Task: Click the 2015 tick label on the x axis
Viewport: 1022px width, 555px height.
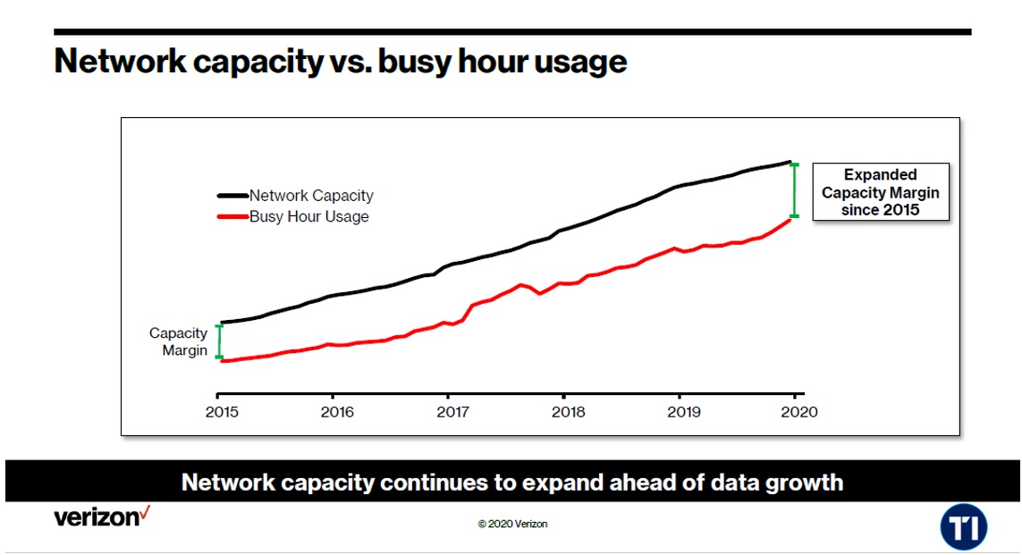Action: [x=221, y=412]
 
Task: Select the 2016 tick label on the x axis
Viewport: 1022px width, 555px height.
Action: [x=337, y=412]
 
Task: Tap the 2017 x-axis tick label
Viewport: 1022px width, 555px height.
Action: [x=452, y=412]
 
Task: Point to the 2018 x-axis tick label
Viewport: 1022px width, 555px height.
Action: [x=569, y=412]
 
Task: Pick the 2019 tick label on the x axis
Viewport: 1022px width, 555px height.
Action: [x=684, y=412]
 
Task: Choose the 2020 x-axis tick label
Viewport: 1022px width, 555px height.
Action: [x=799, y=412]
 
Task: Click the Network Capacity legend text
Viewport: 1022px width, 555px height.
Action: [x=311, y=196]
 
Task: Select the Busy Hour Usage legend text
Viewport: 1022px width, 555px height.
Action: [x=308, y=216]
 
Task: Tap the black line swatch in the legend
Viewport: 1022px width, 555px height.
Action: [x=232, y=196]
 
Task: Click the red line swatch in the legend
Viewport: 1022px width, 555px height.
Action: [x=232, y=216]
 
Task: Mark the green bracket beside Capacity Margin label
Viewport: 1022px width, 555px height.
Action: [x=219, y=341]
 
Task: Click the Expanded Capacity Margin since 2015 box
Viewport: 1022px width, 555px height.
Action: [x=880, y=192]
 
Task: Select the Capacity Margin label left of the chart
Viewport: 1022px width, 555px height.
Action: [x=179, y=341]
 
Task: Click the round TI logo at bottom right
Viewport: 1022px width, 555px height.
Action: [x=963, y=527]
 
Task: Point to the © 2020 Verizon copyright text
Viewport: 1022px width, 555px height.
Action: [x=512, y=525]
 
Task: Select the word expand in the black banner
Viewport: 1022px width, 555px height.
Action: [x=564, y=484]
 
